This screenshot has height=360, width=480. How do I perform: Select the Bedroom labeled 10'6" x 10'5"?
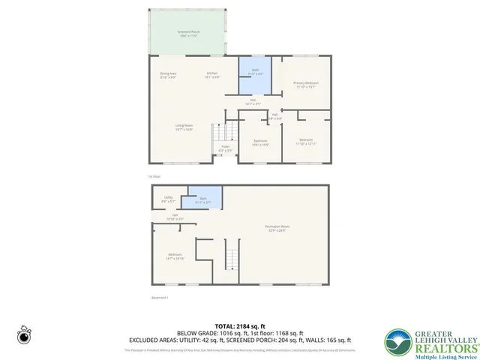tap(261, 142)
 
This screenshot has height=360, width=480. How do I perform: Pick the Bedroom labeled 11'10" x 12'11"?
tap(307, 141)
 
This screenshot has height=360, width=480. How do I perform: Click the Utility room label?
tap(168, 199)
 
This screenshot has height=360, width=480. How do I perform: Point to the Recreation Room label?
tap(276, 228)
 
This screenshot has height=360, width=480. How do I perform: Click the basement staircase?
tap(232, 259)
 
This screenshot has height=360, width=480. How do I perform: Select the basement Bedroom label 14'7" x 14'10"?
tap(175, 256)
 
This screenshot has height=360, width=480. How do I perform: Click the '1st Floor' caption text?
tap(154, 176)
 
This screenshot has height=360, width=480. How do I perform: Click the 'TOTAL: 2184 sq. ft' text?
tap(240, 325)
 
